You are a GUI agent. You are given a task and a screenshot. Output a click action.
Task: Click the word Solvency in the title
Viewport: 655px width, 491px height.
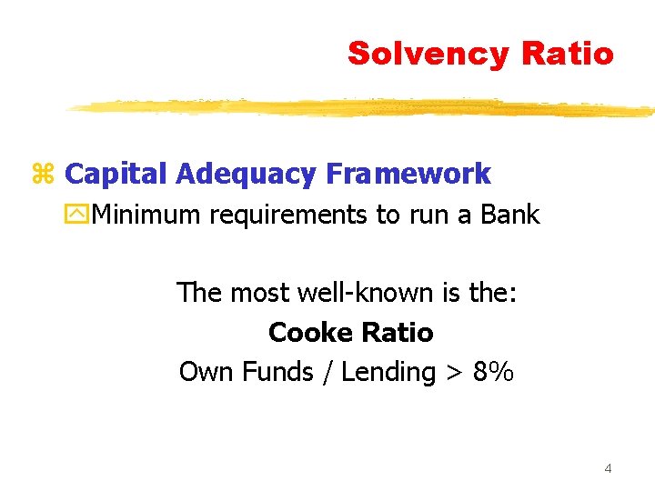click(x=428, y=55)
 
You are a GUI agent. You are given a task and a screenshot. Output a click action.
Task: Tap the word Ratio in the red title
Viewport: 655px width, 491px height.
click(x=568, y=53)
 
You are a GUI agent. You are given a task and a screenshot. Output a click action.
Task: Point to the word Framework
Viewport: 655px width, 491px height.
click(x=407, y=173)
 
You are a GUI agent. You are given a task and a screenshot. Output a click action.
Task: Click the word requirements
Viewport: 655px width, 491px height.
click(x=285, y=216)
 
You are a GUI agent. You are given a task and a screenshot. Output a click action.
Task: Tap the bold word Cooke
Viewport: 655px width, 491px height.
click(x=308, y=333)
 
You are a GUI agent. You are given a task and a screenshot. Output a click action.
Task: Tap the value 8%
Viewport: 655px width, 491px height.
click(x=493, y=372)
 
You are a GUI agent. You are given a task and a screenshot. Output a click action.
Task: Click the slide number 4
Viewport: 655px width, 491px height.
click(x=608, y=468)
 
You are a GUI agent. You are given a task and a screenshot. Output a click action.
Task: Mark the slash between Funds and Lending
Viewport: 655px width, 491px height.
click(x=325, y=373)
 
